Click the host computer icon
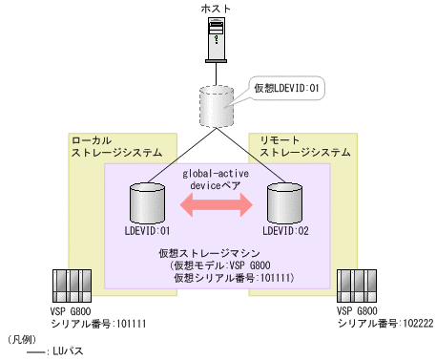pos(218,42)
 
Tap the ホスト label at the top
pos(218,9)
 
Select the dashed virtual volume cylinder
pos(218,106)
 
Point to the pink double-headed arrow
pos(218,202)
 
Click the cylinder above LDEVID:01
pos(146,201)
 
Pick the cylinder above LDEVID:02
pos(286,201)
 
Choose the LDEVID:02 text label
pos(286,230)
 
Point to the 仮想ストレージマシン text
pos(218,253)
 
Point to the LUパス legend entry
pos(68,351)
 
